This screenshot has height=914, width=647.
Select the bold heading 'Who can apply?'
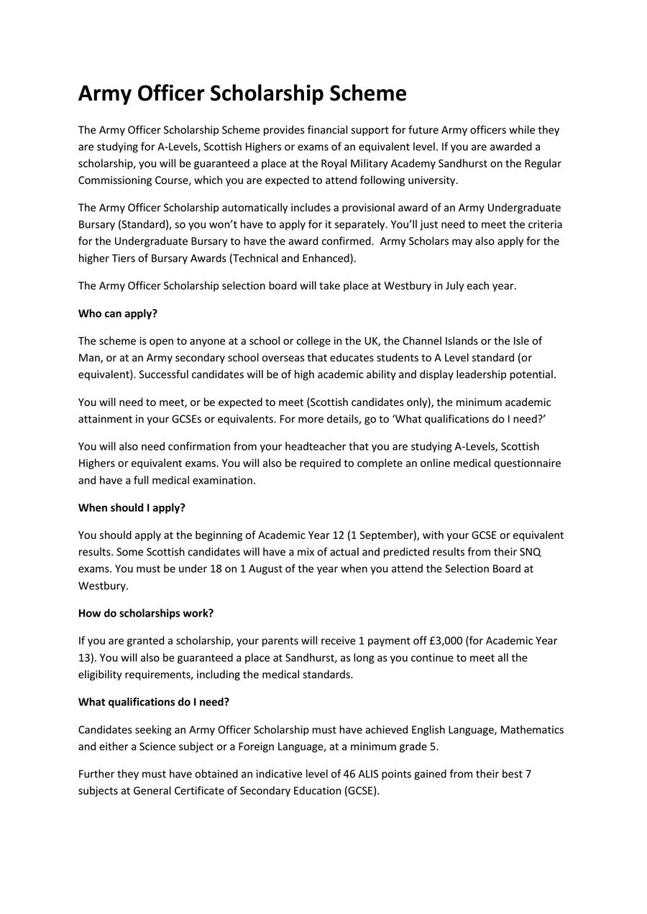point(117,313)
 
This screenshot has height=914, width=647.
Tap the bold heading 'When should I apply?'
point(132,507)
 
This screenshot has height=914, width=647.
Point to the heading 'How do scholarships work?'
point(146,613)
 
